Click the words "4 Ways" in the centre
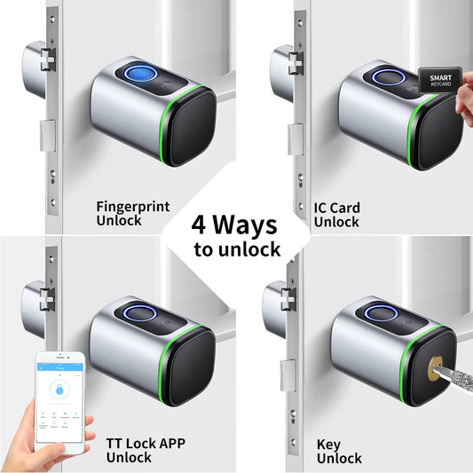[236, 223]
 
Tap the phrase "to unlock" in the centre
[236, 248]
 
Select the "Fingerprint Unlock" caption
[130, 213]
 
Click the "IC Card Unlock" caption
[337, 214]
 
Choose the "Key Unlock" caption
[339, 451]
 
